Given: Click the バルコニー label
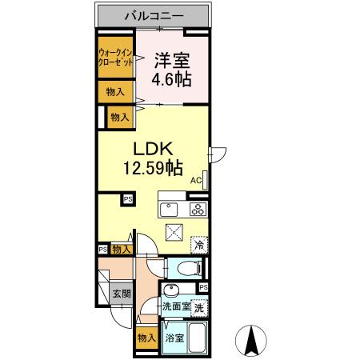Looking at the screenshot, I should click(x=155, y=15).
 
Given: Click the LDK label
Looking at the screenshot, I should click(x=151, y=150).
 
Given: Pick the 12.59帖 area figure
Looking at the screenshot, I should click(x=151, y=168).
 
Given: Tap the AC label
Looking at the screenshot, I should click(x=196, y=180).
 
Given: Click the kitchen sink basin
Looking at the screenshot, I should click(x=169, y=210).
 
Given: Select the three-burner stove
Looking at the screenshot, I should click(x=198, y=210).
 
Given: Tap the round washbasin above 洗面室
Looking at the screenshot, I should click(x=170, y=290).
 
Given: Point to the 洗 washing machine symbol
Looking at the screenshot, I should click(x=198, y=306).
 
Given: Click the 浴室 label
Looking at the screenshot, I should click(x=174, y=338).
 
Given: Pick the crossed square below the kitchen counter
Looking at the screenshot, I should click(x=174, y=233).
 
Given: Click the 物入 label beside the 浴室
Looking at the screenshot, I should click(x=146, y=338).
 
